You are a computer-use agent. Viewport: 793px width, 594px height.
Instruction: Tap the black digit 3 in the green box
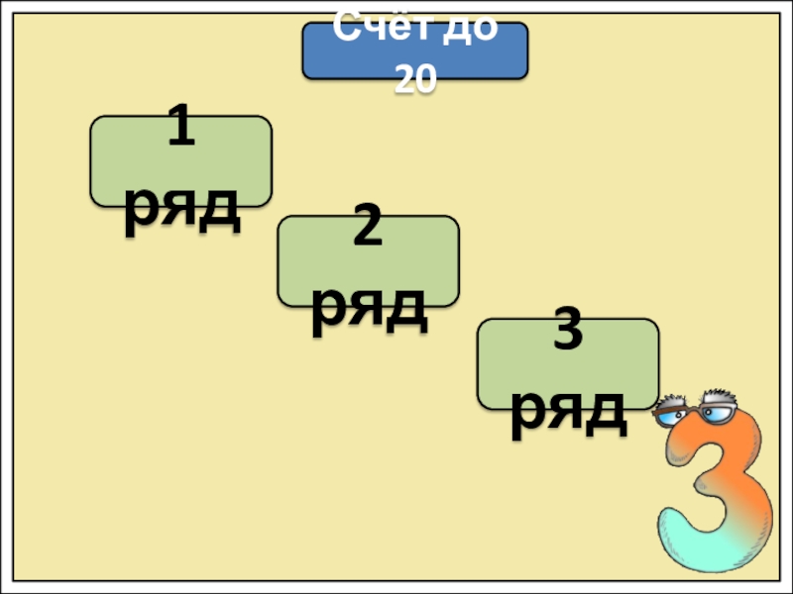pyautogui.click(x=567, y=335)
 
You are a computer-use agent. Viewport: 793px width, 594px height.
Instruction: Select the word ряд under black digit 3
pyautogui.click(x=568, y=411)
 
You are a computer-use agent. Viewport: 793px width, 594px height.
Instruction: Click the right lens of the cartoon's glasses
pyautogui.click(x=717, y=409)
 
